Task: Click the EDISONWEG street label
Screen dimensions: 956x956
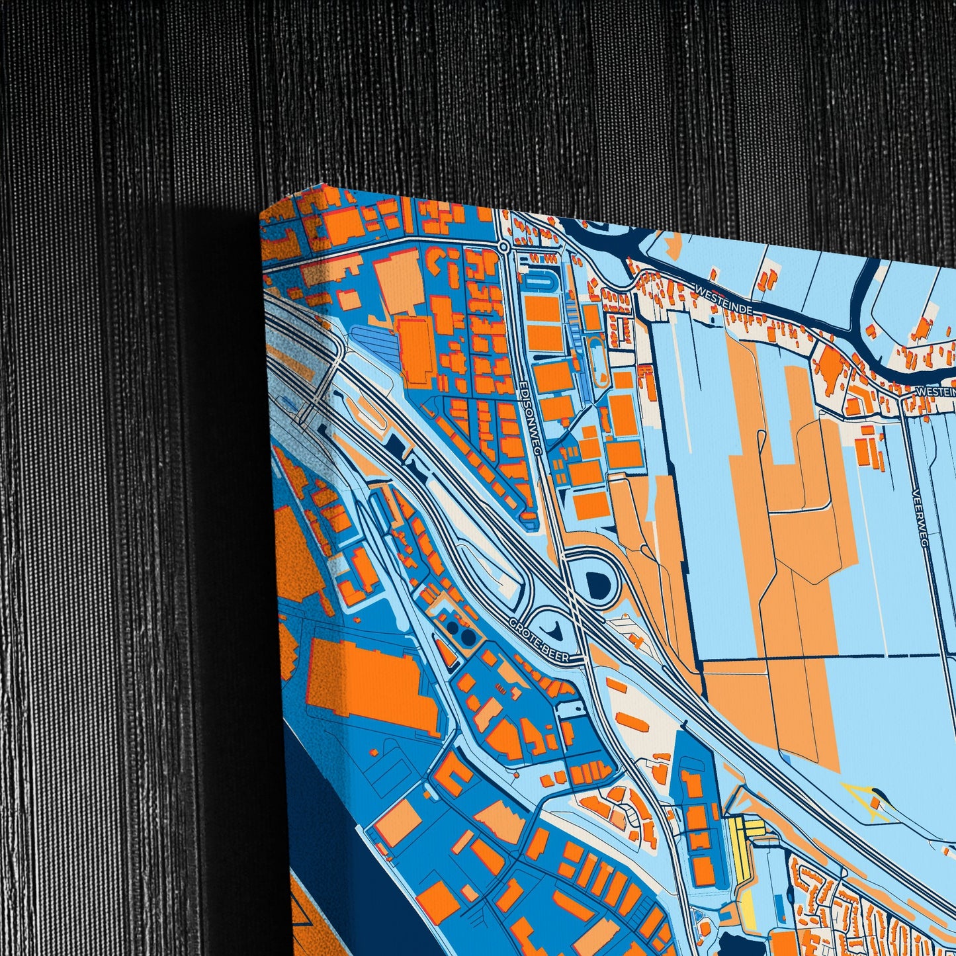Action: (x=532, y=417)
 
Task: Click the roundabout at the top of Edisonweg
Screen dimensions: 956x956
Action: (x=503, y=247)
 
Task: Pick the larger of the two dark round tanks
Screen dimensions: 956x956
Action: (x=468, y=637)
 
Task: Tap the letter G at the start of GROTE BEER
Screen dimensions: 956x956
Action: (x=513, y=623)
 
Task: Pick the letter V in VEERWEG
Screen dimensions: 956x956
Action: (x=914, y=493)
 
